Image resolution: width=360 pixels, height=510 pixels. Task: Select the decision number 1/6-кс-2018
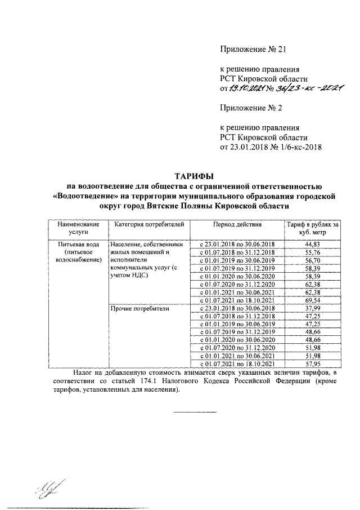[x=301, y=147]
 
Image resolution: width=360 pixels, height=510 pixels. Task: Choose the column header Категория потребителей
[x=149, y=225]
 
